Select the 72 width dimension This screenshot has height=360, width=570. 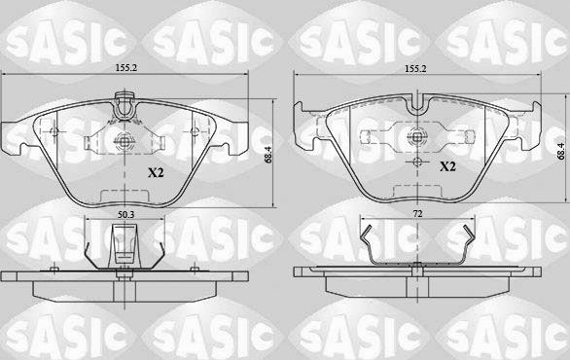(416, 212)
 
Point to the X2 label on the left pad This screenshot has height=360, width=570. (155, 172)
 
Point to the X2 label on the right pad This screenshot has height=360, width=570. (448, 167)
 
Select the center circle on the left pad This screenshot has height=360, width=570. (124, 142)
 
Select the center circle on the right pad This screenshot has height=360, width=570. (416, 138)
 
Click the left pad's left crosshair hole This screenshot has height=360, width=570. (57, 132)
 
